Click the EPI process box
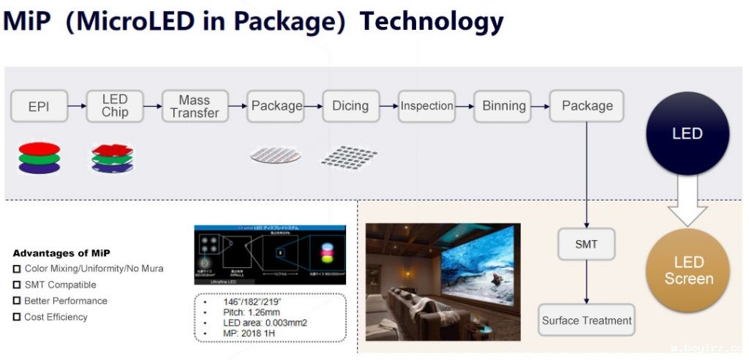pyautogui.click(x=39, y=106)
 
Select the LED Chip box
pyautogui.click(x=115, y=106)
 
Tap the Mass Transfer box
pyautogui.click(x=194, y=106)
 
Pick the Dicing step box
pyautogui.click(x=350, y=106)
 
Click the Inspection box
pyautogui.click(x=426, y=106)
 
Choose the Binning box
pyautogui.click(x=504, y=106)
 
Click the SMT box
pyautogui.click(x=586, y=244)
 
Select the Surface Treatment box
pyautogui.click(x=587, y=320)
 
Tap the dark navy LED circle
pyautogui.click(x=688, y=134)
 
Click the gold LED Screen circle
pyautogui.click(x=688, y=271)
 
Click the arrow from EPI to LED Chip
pyautogui.click(x=76, y=106)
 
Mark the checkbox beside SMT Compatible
pyautogui.click(x=17, y=285)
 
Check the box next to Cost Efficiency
pyautogui.click(x=17, y=318)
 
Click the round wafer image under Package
pyautogui.click(x=275, y=154)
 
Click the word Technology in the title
pyautogui.click(x=432, y=21)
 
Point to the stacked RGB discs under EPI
pyautogui.click(x=39, y=157)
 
